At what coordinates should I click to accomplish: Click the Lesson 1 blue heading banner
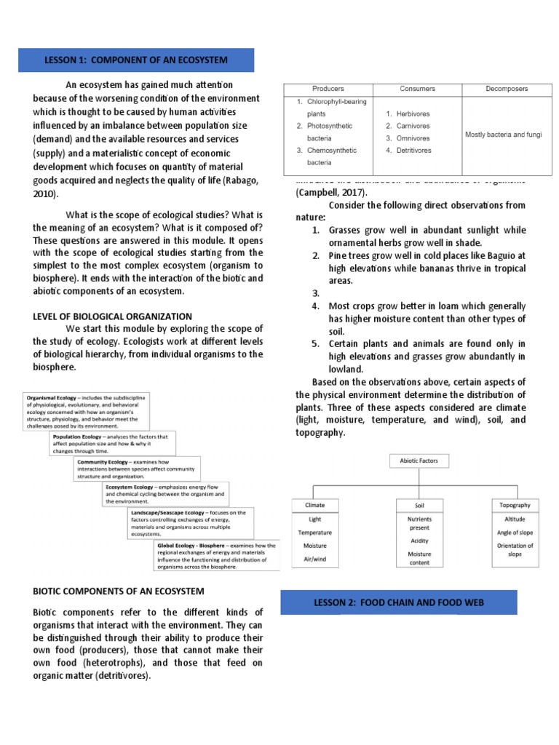coord(137,60)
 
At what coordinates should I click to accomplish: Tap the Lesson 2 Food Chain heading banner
coord(398,602)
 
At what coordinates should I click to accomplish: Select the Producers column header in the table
coord(328,89)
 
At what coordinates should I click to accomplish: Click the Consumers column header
coord(417,89)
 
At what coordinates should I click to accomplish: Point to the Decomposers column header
coord(507,89)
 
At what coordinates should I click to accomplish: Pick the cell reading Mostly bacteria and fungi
coord(503,135)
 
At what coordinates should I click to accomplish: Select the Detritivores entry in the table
coord(413,151)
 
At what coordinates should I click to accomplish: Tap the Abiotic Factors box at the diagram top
coord(424,461)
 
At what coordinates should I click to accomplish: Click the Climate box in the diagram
coord(315,504)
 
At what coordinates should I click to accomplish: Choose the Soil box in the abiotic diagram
coord(419,505)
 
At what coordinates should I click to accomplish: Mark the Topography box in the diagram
coord(515,504)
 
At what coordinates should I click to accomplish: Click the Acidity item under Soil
coord(419,541)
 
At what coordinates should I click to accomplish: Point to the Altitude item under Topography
coord(515,519)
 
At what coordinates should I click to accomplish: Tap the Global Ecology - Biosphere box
coord(216,554)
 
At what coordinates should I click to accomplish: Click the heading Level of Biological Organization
coord(112,316)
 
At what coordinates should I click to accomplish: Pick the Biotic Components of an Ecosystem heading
coord(119,591)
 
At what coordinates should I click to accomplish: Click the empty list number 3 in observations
coord(316,294)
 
